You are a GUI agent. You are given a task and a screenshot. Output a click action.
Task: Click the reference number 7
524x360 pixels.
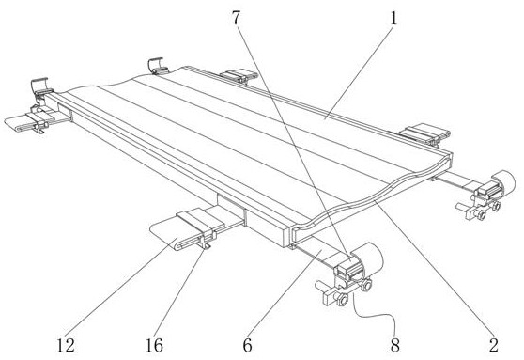pyautogui.click(x=237, y=18)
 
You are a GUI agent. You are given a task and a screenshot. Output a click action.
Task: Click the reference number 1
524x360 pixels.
pyautogui.click(x=394, y=18)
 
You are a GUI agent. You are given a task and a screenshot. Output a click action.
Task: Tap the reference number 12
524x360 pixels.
pyautogui.click(x=66, y=345)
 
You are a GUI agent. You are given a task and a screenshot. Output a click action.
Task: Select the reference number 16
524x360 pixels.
pyautogui.click(x=154, y=345)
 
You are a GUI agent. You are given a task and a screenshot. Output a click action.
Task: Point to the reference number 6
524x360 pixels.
pyautogui.click(x=247, y=345)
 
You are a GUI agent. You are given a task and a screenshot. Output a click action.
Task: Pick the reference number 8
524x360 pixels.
pyautogui.click(x=395, y=345)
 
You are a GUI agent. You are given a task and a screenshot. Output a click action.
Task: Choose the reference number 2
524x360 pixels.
pyautogui.click(x=494, y=345)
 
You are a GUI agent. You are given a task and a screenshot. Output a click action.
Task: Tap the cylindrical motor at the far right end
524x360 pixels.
pyautogui.click(x=504, y=182)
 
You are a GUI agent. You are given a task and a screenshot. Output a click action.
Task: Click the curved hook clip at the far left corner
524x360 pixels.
pyautogui.click(x=39, y=86)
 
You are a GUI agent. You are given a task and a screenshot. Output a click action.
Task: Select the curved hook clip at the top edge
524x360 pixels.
pyautogui.click(x=157, y=65)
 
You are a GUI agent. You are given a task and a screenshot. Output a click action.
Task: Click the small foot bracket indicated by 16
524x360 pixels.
pyautogui.click(x=205, y=243)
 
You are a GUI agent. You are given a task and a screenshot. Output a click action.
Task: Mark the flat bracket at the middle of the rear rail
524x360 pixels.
pyautogui.click(x=239, y=75)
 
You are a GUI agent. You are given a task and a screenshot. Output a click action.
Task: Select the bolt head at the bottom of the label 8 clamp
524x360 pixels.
pyautogui.click(x=342, y=299)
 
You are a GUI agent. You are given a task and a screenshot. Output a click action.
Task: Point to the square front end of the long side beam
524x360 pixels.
pyautogui.click(x=287, y=237)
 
